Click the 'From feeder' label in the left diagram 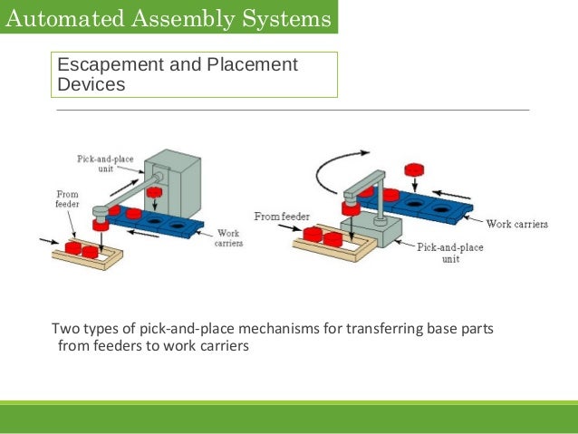tap(68, 198)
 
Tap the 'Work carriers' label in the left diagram tap(226, 238)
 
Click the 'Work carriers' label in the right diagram tap(516, 224)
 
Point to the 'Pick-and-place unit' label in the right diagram tap(449, 251)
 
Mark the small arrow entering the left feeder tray tap(44, 241)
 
